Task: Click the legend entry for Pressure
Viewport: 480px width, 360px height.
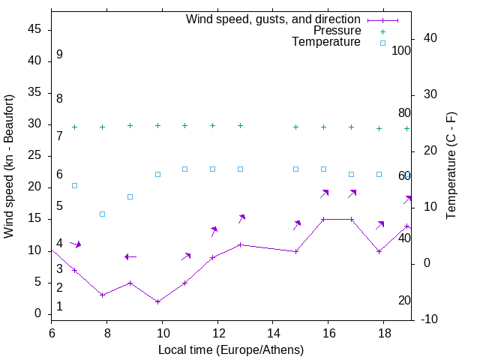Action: [x=337, y=31]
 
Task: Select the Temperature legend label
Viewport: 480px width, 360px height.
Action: [x=326, y=42]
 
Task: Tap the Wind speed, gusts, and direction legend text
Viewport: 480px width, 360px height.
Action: [x=274, y=19]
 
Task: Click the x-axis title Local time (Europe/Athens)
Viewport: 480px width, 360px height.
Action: [x=231, y=349]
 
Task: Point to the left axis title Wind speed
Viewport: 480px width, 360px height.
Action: [x=9, y=166]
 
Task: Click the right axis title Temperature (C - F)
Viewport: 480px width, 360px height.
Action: [x=451, y=166]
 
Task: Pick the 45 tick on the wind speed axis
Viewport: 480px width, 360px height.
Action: [x=35, y=29]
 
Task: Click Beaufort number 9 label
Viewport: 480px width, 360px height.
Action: [x=59, y=55]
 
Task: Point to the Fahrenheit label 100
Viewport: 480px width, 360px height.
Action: [x=402, y=50]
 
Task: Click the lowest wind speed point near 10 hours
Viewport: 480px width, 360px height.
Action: [x=157, y=301]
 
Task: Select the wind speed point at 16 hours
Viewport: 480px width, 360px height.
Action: [x=323, y=219]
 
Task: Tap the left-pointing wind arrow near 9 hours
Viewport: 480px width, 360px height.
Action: [x=130, y=256]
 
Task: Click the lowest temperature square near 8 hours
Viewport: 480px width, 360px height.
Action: [x=102, y=214]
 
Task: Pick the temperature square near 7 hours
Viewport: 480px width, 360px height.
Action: [x=74, y=185]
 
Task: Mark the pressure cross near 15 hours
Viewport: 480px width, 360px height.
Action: [x=295, y=127]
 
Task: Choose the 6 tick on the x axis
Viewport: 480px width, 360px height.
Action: [x=52, y=331]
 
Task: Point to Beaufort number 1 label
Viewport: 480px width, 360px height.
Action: [x=59, y=307]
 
